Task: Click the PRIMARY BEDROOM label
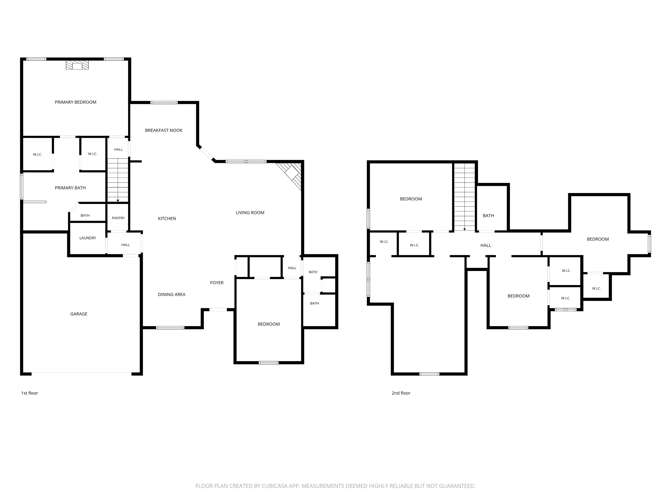point(76,102)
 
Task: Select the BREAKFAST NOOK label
point(164,130)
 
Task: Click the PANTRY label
point(118,218)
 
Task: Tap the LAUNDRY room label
point(88,238)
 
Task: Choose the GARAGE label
point(79,314)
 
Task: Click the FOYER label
point(217,283)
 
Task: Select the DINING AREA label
point(172,295)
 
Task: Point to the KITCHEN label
point(167,219)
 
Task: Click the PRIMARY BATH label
point(70,188)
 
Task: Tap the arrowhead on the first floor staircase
point(118,201)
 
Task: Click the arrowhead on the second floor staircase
point(464,229)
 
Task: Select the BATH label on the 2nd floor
point(488,215)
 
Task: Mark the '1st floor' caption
point(29,393)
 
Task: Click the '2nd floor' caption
point(401,393)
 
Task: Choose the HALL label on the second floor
point(486,245)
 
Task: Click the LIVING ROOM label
point(250,213)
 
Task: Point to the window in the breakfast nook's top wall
point(164,102)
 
